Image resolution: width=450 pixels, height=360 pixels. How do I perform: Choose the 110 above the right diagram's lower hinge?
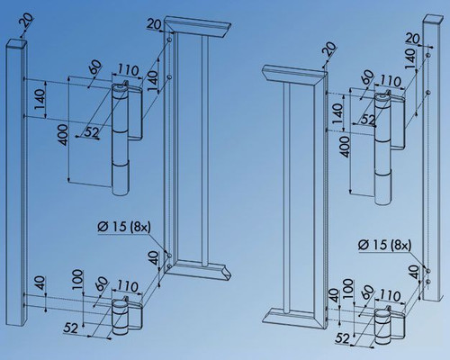[x=389, y=293]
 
